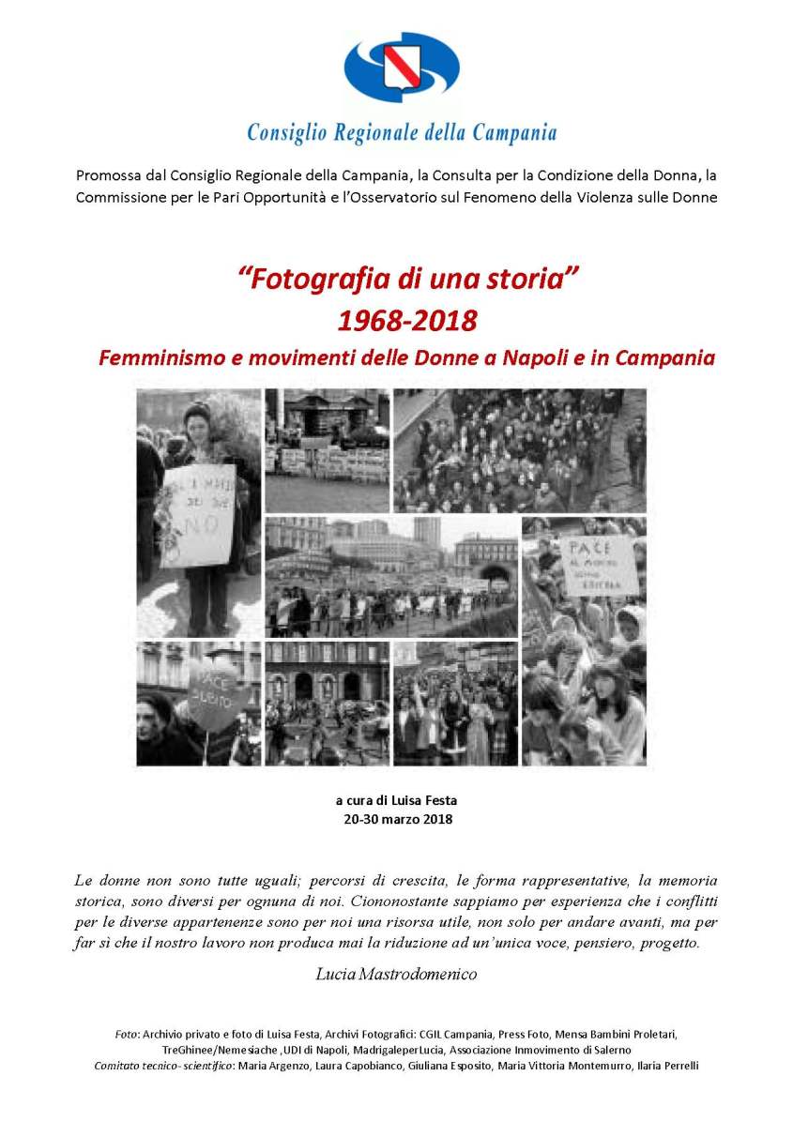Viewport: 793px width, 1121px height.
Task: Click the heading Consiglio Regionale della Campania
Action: pyautogui.click(x=402, y=132)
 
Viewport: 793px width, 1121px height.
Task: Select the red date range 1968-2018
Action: pyautogui.click(x=407, y=321)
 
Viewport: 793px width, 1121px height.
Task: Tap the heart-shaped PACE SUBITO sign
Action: pyautogui.click(x=218, y=690)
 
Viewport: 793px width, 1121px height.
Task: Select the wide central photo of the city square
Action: pyautogui.click(x=390, y=576)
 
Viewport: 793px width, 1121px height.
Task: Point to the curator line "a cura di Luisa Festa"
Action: pyautogui.click(x=396, y=800)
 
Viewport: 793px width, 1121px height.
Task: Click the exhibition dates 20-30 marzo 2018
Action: pyautogui.click(x=398, y=819)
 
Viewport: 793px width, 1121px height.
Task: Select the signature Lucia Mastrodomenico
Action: pyautogui.click(x=397, y=974)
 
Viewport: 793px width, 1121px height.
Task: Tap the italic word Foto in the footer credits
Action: pyautogui.click(x=126, y=1034)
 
